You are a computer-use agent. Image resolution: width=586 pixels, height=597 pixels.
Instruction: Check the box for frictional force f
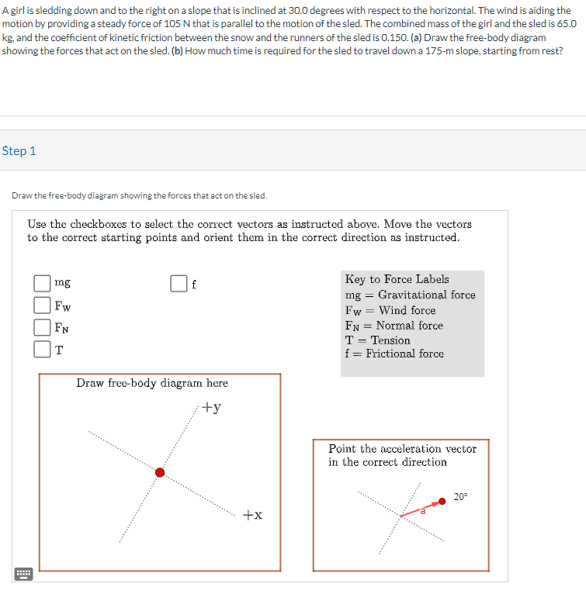(179, 284)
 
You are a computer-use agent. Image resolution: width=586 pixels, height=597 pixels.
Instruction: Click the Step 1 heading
(19, 151)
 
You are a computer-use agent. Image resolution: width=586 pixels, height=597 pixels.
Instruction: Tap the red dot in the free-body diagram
(160, 472)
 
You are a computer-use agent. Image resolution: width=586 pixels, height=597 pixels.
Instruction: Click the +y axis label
(212, 408)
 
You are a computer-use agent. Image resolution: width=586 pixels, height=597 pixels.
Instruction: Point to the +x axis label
(252, 515)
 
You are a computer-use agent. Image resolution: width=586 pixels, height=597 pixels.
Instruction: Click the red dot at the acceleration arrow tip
(442, 501)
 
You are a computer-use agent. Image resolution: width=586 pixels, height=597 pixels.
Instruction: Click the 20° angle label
(461, 496)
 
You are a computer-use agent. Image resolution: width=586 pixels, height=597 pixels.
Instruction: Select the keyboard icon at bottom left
(23, 574)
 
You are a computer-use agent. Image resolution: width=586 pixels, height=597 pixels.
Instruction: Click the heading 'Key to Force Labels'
(397, 279)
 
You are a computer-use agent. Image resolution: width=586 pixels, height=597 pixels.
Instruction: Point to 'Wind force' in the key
(407, 310)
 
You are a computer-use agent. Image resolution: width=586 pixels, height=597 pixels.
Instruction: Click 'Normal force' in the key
(409, 326)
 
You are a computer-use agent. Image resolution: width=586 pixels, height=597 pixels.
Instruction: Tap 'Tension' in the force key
(390, 340)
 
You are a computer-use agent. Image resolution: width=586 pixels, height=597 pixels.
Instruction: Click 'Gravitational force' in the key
(426, 295)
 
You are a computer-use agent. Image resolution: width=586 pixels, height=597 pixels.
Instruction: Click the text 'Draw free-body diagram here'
(152, 383)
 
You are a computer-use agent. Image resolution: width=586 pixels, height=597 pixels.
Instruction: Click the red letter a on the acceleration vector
(424, 512)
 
